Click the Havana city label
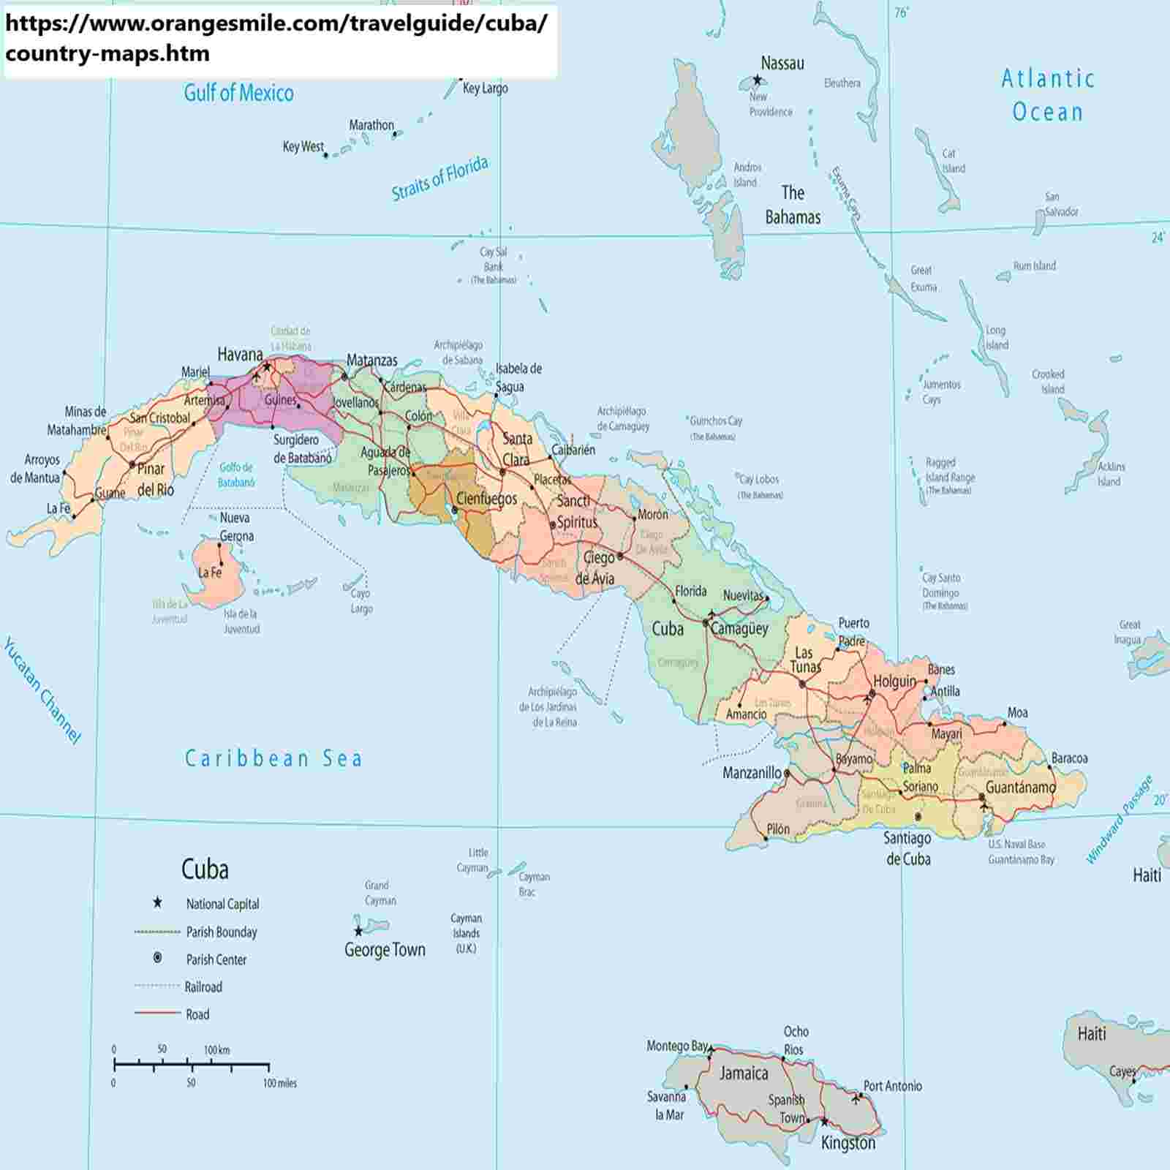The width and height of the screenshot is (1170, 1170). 240,355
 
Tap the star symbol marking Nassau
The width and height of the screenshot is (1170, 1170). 757,80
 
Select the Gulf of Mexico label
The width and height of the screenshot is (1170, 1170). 238,93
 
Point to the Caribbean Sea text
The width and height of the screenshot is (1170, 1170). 273,758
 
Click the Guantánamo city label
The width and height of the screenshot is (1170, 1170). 1020,788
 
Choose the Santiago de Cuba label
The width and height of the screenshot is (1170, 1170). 907,848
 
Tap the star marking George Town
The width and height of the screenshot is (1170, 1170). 358,931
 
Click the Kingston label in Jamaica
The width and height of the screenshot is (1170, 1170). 848,1143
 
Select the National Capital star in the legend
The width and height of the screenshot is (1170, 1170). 156,903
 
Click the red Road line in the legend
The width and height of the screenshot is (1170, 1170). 156,1014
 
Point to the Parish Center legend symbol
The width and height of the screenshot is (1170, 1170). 156,958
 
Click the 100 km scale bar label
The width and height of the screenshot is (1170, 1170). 216,1050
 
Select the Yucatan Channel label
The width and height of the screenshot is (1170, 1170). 42,690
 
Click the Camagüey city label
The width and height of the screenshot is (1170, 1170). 739,629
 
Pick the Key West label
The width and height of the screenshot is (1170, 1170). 303,147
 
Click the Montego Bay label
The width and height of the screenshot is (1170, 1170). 676,1046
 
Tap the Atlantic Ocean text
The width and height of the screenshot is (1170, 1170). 1047,95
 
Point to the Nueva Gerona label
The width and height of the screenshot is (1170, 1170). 236,526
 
